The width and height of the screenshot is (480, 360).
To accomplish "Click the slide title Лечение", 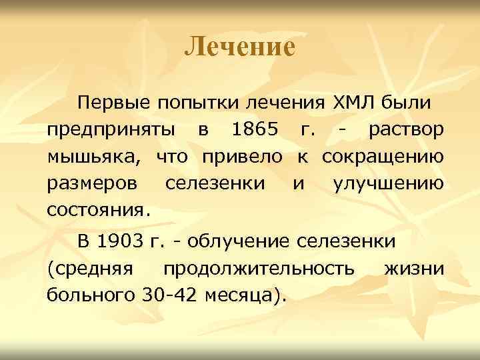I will pos(239,47).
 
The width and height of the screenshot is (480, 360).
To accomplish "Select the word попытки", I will pos(197,103).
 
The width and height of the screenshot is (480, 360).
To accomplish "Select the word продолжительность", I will pos(259,267).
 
